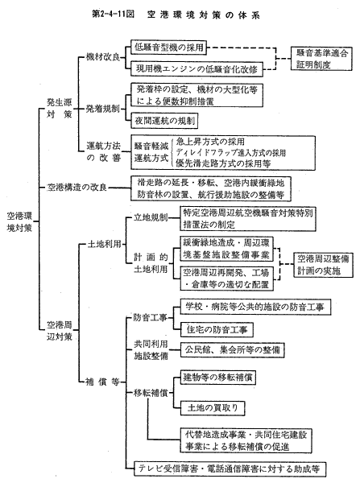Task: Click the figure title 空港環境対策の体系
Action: pyautogui.click(x=204, y=14)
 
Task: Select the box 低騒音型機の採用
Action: pyautogui.click(x=168, y=47)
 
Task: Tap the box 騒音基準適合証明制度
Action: pyautogui.click(x=321, y=59)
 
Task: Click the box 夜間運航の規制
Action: pyautogui.click(x=164, y=121)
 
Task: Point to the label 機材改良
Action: pyautogui.click(x=102, y=57)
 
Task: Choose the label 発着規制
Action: pyautogui.click(x=102, y=109)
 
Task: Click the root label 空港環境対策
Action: pyautogui.click(x=19, y=222)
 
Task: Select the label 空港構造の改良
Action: pyautogui.click(x=77, y=188)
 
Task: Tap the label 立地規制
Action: pyautogui.click(x=151, y=217)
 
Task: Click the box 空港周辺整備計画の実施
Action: pyautogui.click(x=323, y=265)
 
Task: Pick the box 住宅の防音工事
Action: pyautogui.click(x=217, y=329)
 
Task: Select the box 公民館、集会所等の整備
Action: pyautogui.click(x=233, y=350)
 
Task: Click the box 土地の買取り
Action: pyautogui.click(x=213, y=408)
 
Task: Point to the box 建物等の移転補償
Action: pyautogui.click(x=218, y=377)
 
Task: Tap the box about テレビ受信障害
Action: pyautogui.click(x=230, y=469)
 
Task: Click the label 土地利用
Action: pyautogui.click(x=104, y=244)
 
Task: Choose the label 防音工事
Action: pyautogui.click(x=151, y=318)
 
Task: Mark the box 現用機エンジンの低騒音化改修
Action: pyautogui.click(x=197, y=69)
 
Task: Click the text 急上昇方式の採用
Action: pyautogui.click(x=210, y=142)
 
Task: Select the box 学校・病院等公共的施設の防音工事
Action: pyautogui.click(x=255, y=307)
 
